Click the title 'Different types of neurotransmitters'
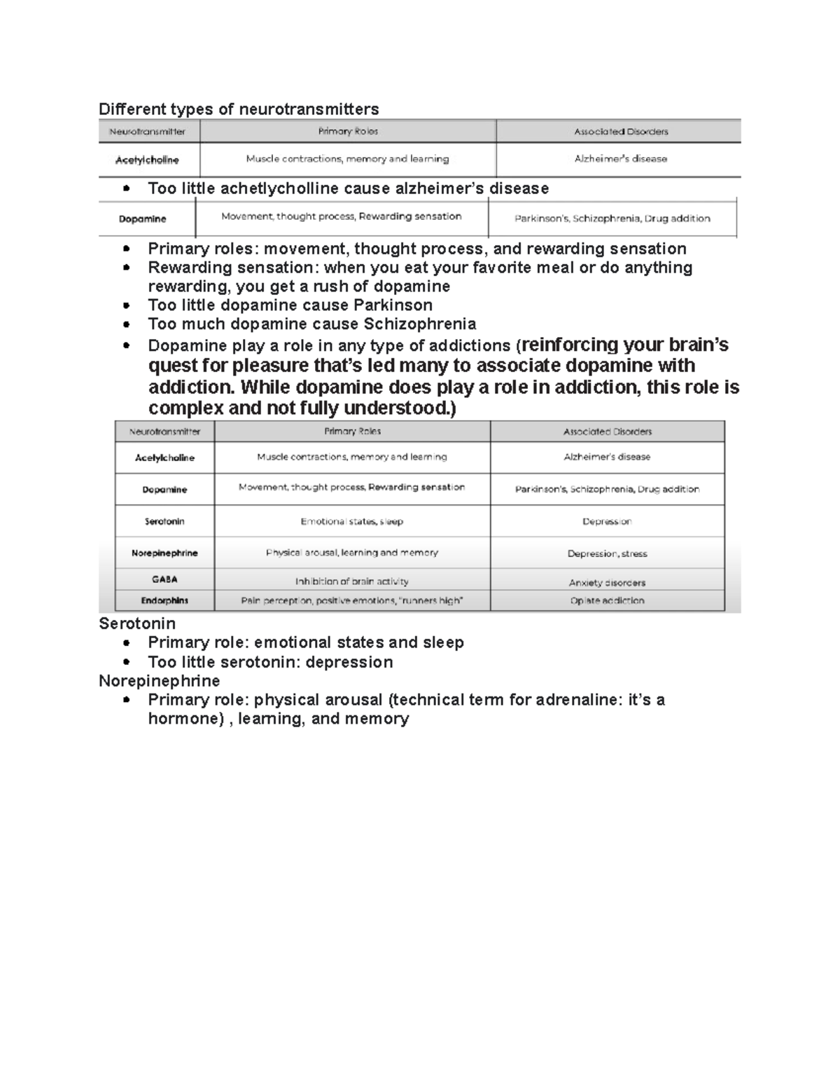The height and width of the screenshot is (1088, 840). pos(239,109)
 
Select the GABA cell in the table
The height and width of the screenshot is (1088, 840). pos(164,579)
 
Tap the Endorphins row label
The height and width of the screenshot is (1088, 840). pos(164,600)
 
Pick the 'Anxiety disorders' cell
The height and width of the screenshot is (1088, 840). pos(607,582)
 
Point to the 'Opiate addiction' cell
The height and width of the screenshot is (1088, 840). pos(607,600)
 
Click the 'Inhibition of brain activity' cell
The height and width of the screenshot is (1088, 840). pos(352,581)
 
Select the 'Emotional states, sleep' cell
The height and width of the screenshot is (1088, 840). pos(352,521)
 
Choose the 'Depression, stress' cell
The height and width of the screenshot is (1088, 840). pos(607,553)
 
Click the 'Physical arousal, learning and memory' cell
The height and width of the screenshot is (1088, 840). pos(352,553)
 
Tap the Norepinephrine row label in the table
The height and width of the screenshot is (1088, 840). pos(164,553)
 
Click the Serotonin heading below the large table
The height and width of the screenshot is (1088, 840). pos(137,624)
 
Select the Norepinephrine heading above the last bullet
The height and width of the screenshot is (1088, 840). pos(160,681)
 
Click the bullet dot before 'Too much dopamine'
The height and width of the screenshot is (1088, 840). pos(126,325)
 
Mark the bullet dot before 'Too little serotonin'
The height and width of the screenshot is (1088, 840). pos(126,663)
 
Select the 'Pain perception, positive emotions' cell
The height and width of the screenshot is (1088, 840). pos(352,600)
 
